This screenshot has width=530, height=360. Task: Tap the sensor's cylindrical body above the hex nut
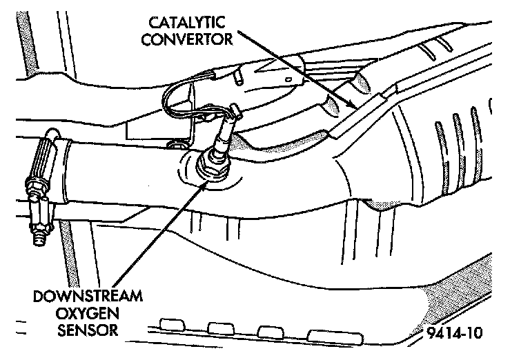[220, 141]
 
